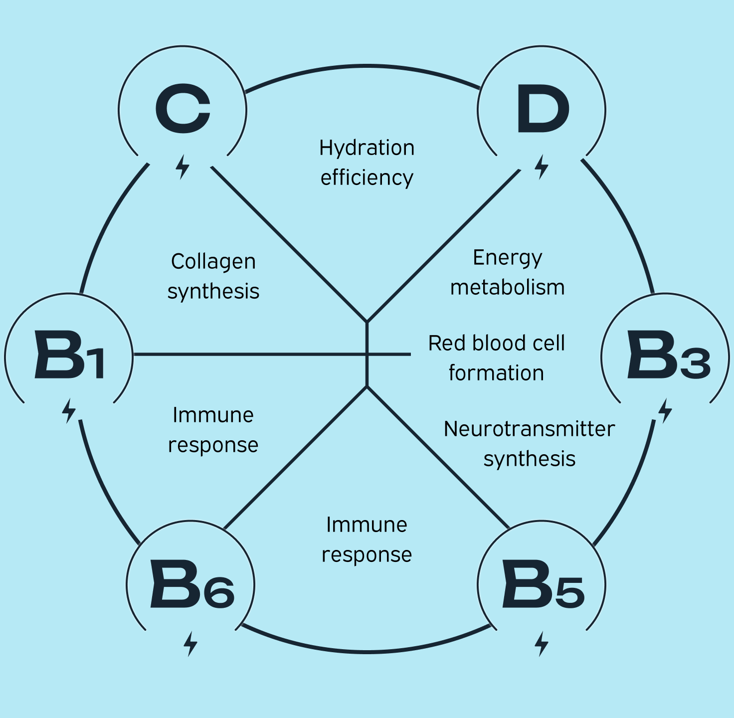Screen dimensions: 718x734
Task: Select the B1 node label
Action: pyautogui.click(x=69, y=355)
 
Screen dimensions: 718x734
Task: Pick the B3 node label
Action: pyautogui.click(x=668, y=355)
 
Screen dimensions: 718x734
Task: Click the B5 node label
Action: pyautogui.click(x=543, y=584)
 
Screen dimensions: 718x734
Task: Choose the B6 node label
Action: pyautogui.click(x=192, y=584)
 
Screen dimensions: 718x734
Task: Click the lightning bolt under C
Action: pyautogui.click(x=183, y=167)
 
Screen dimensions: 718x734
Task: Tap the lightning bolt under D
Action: pyautogui.click(x=542, y=167)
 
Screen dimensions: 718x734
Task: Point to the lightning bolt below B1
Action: pyautogui.click(x=69, y=411)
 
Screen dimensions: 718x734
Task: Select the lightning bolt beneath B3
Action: pyautogui.click(x=665, y=411)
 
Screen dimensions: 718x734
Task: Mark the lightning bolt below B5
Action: pyautogui.click(x=542, y=644)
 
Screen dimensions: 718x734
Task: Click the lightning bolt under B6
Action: pyautogui.click(x=190, y=644)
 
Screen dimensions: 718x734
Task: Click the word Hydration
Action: pyautogui.click(x=367, y=148)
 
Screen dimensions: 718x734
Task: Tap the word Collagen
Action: pyautogui.click(x=213, y=262)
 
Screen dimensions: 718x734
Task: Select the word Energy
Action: pyautogui.click(x=507, y=258)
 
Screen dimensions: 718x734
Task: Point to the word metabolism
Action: pyautogui.click(x=507, y=288)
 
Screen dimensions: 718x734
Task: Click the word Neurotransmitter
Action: pyautogui.click(x=529, y=429)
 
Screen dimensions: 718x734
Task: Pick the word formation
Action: pyautogui.click(x=496, y=373)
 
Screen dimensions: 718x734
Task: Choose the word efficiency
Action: pyautogui.click(x=367, y=178)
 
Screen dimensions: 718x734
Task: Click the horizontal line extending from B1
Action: pyautogui.click(x=249, y=355)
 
